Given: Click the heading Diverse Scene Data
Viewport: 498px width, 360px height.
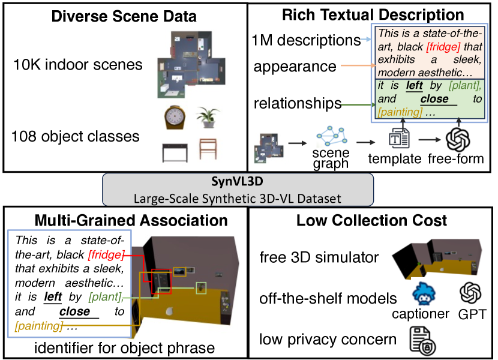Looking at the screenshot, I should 124,16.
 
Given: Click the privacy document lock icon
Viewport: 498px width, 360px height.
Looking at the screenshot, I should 422,341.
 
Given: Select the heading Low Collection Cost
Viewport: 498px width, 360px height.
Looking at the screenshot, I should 372,221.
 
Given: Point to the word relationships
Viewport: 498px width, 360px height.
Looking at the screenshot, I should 297,103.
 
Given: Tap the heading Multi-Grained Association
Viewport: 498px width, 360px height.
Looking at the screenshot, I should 131,221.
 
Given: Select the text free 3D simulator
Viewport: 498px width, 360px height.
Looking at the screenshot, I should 319,257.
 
